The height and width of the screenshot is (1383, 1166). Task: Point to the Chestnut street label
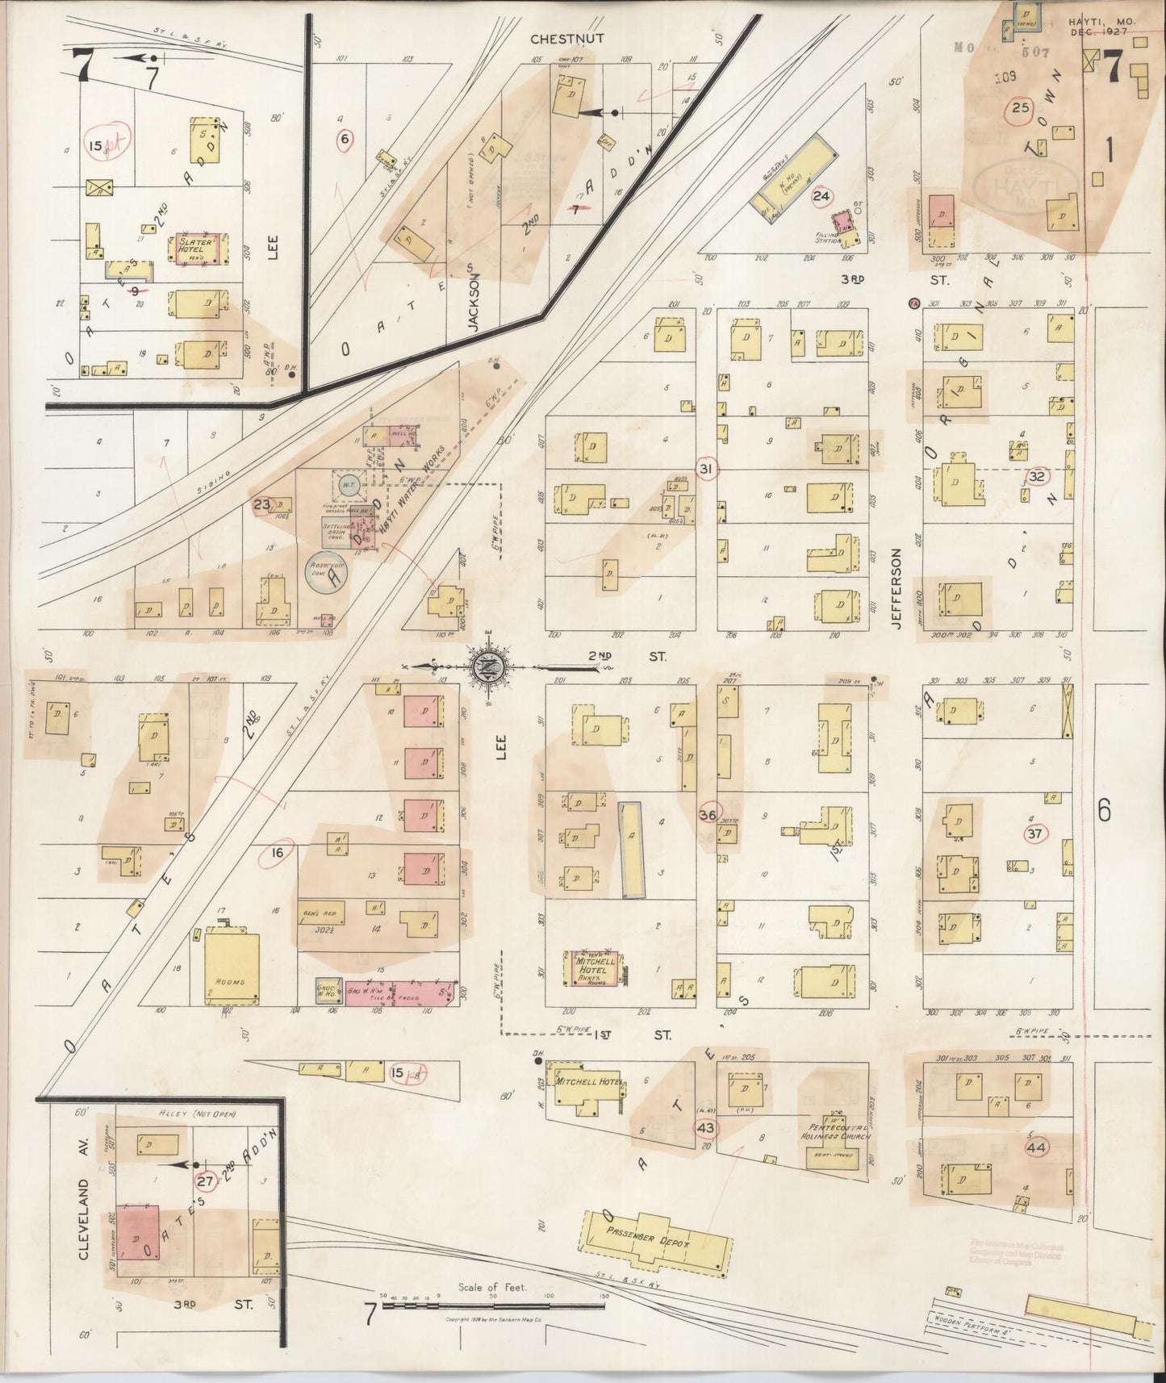point(567,38)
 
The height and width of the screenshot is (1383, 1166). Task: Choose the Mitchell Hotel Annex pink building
point(596,967)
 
